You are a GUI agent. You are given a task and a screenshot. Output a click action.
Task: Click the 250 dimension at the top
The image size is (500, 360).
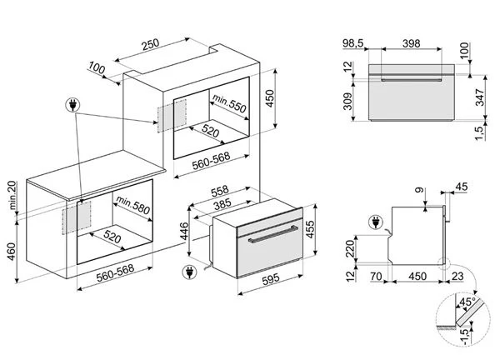pyautogui.click(x=151, y=44)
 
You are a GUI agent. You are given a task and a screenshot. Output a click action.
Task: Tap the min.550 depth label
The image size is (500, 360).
pyautogui.click(x=230, y=103)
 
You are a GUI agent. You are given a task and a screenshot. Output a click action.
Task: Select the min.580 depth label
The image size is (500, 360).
pyautogui.click(x=133, y=205)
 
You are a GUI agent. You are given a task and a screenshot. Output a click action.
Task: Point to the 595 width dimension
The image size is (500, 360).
pyautogui.click(x=271, y=279)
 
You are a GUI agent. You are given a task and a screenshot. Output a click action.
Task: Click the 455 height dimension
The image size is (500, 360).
pyautogui.click(x=310, y=229)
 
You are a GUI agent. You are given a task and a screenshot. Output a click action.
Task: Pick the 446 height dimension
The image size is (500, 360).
pyautogui.click(x=184, y=231)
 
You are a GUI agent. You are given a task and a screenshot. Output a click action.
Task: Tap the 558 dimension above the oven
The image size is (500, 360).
pyautogui.click(x=220, y=191)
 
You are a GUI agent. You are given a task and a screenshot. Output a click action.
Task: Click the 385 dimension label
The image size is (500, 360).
pyautogui.click(x=222, y=204)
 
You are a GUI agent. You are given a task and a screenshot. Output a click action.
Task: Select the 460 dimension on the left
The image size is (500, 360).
pyautogui.click(x=12, y=252)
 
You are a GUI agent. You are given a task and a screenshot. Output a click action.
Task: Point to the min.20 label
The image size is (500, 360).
pyautogui.click(x=12, y=195)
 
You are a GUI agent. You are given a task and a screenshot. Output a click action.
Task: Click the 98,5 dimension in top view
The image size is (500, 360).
pyautogui.click(x=353, y=43)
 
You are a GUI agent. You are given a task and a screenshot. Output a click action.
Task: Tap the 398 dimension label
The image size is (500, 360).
pyautogui.click(x=411, y=43)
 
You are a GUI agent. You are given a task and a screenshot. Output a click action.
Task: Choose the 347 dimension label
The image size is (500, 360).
pyautogui.click(x=479, y=97)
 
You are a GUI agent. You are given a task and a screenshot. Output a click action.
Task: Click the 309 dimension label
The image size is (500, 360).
pyautogui.click(x=347, y=101)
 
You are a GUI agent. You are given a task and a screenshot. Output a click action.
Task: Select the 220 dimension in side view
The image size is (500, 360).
pyautogui.click(x=350, y=248)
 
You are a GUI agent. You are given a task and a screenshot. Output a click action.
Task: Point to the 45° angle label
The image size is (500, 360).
pyautogui.click(x=467, y=302)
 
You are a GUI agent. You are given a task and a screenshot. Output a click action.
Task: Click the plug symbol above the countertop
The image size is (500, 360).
pyautogui.click(x=72, y=105)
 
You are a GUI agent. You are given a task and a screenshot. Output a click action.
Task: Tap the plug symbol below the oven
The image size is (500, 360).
pyautogui.click(x=189, y=272)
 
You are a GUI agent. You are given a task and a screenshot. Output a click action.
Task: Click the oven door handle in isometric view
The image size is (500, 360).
pyautogui.click(x=273, y=234)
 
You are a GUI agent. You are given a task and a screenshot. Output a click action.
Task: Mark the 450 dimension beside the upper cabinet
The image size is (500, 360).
pyautogui.click(x=270, y=98)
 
